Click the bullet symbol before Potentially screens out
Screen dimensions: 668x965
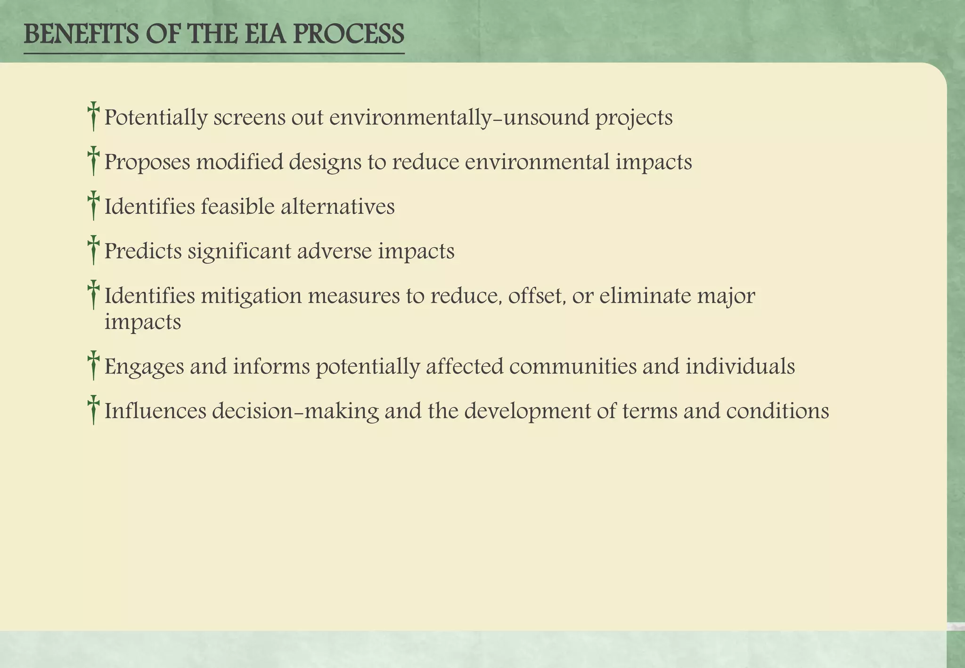click(x=93, y=116)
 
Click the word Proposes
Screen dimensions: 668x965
click(x=147, y=163)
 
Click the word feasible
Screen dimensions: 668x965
click(x=237, y=206)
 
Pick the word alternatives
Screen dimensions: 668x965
click(x=337, y=206)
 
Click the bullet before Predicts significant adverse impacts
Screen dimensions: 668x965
click(x=93, y=250)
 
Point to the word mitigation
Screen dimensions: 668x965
click(x=252, y=296)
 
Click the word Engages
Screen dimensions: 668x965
click(x=144, y=367)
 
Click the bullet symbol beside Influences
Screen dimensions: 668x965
click(x=93, y=410)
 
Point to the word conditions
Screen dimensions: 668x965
click(x=777, y=411)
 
